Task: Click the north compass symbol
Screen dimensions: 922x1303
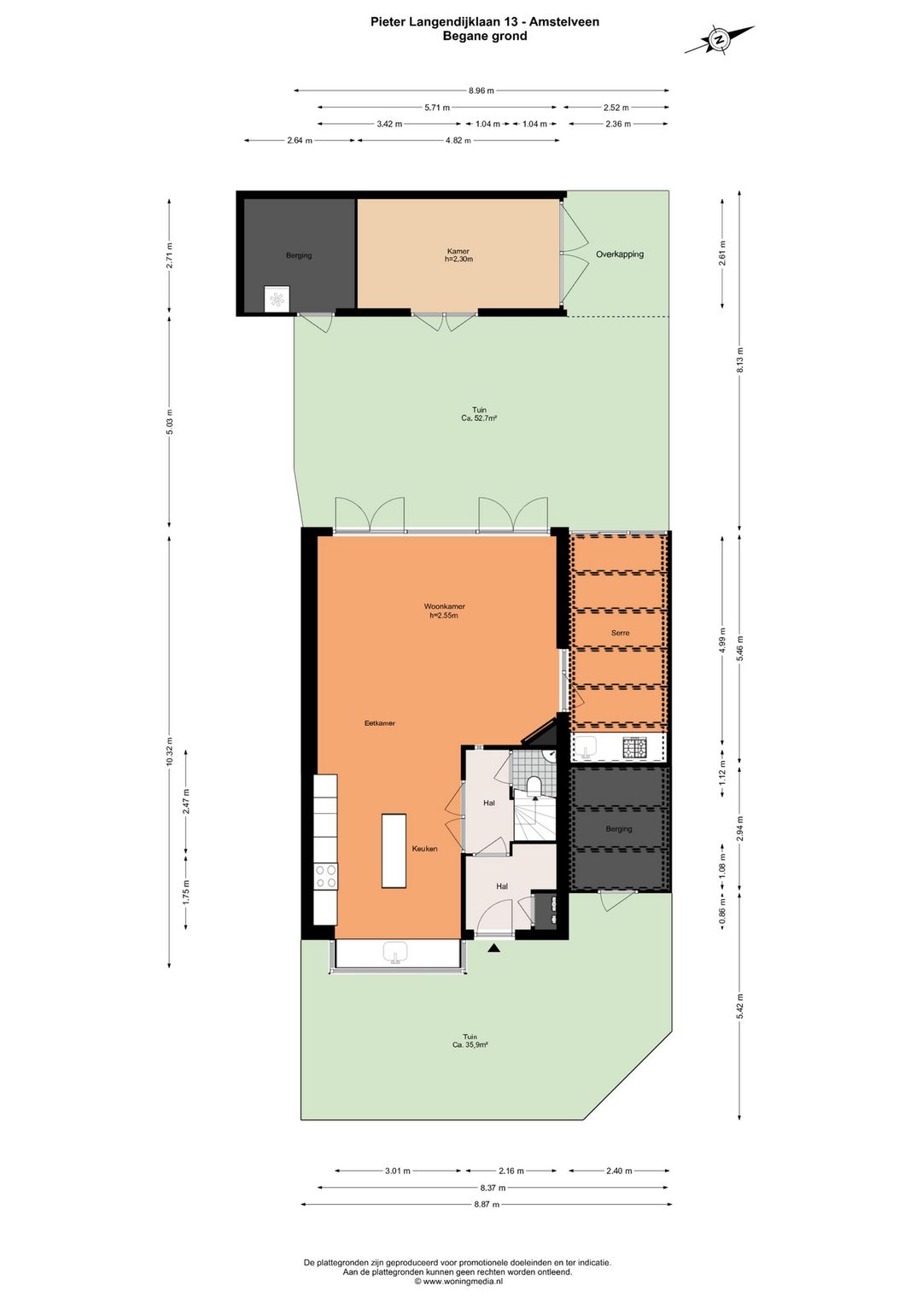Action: click(x=720, y=40)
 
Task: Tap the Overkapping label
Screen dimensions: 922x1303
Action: click(x=620, y=254)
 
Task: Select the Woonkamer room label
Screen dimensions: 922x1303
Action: click(x=445, y=607)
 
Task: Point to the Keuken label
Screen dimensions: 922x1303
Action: click(x=424, y=849)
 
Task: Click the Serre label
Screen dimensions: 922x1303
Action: click(x=620, y=633)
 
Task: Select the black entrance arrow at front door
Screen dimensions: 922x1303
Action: click(x=493, y=949)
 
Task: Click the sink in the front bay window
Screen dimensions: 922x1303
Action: click(x=397, y=953)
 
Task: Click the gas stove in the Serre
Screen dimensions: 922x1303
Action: click(x=634, y=746)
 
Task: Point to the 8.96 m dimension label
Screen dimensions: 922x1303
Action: click(x=481, y=91)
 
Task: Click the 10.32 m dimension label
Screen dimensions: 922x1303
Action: click(x=169, y=752)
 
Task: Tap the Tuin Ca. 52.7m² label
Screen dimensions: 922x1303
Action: click(x=479, y=413)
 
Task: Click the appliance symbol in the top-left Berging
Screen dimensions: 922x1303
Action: click(x=276, y=300)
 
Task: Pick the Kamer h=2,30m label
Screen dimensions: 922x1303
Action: click(x=458, y=255)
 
